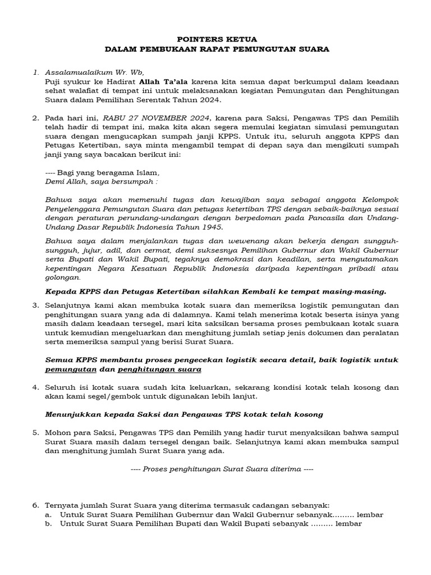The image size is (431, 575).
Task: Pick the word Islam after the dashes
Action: [x=147, y=172]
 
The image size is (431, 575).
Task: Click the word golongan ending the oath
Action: [x=62, y=277]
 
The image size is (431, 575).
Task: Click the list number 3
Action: [x=35, y=305]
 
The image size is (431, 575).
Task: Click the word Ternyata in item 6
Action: [x=61, y=505]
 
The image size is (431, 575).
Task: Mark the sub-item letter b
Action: [x=48, y=523]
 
